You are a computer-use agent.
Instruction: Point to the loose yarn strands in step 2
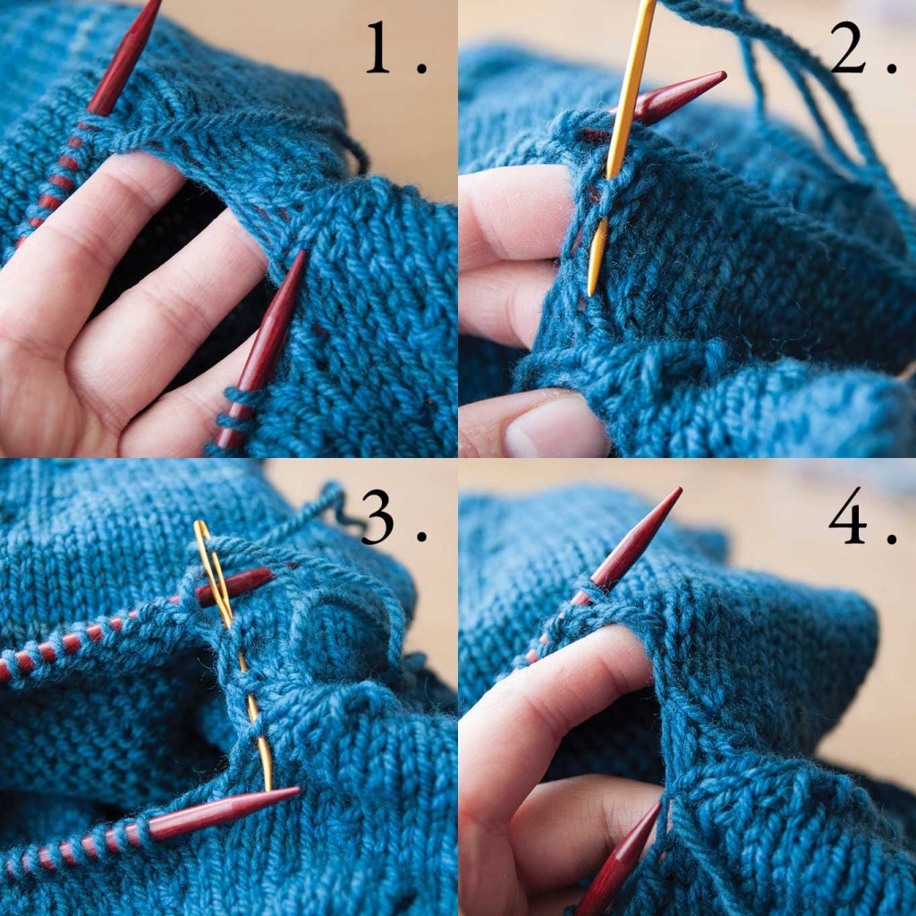point(805,107)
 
